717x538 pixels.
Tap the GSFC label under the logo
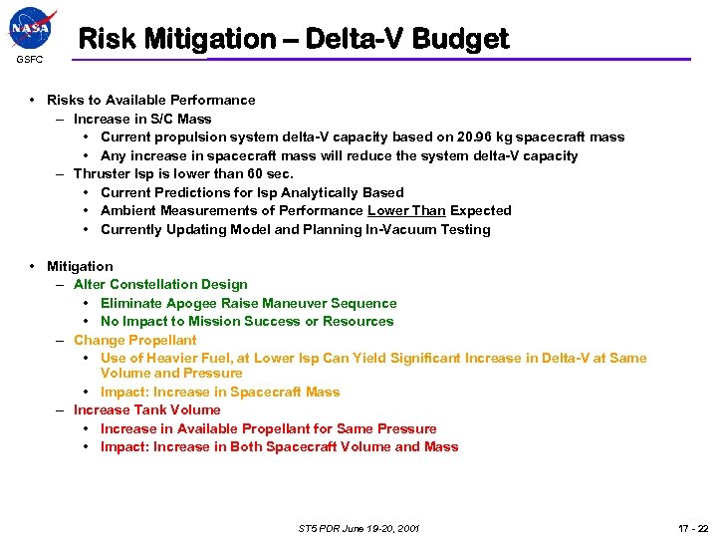[29, 60]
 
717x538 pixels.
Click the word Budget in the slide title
[462, 39]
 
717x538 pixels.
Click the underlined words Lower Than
[406, 211]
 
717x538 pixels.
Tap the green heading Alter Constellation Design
[160, 285]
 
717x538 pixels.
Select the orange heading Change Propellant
[135, 340]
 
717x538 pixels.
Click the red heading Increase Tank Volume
[147, 410]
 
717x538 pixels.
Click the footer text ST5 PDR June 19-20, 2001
[358, 528]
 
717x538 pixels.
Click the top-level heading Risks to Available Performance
[150, 100]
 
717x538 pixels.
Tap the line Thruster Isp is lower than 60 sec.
[184, 174]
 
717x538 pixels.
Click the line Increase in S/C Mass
[142, 119]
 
